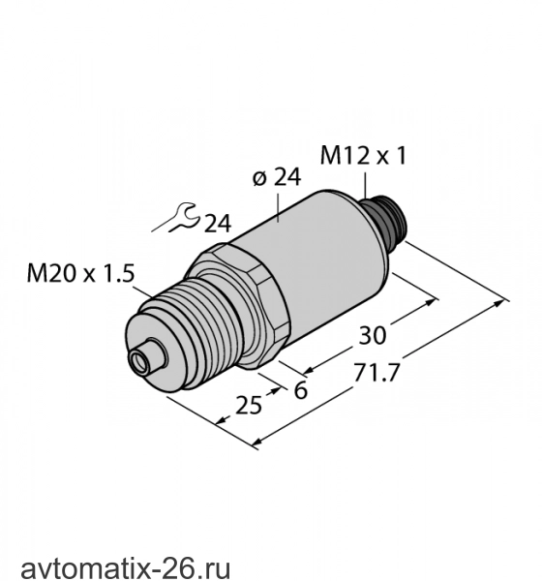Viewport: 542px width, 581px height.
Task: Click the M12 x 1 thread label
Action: tap(363, 156)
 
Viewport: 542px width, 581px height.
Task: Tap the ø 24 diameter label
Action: tap(277, 177)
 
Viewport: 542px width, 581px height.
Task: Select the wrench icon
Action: tap(176, 218)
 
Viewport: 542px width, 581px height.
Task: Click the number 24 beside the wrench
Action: tap(218, 223)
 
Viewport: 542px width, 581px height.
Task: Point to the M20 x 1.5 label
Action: tap(80, 274)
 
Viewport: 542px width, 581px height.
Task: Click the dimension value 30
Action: tap(373, 336)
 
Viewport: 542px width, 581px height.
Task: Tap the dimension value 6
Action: tap(300, 390)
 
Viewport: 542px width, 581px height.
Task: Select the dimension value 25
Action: tap(249, 405)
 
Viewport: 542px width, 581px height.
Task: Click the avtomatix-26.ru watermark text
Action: tap(125, 567)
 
